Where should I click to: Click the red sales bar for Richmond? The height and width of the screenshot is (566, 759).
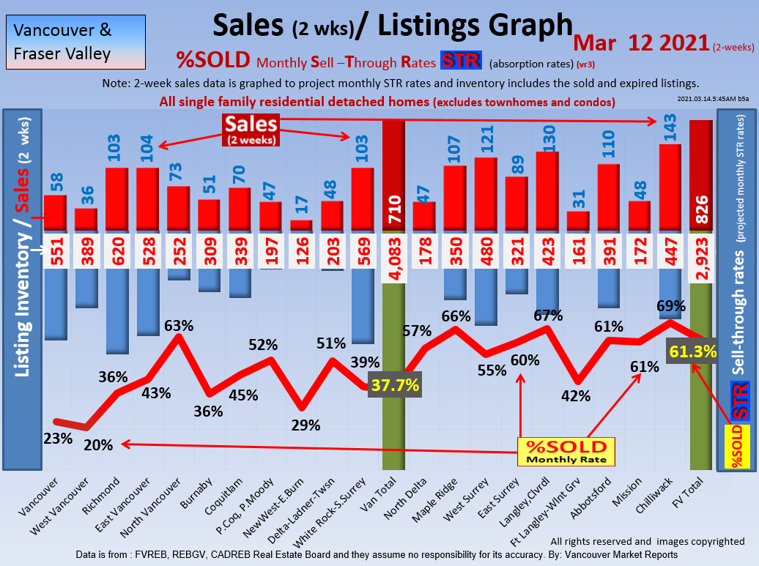117,199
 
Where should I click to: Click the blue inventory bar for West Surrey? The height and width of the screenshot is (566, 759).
486,297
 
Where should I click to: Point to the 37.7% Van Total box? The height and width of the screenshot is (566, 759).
395,384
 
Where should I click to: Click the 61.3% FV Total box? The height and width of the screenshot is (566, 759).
692,351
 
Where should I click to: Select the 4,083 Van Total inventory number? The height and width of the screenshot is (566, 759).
394,250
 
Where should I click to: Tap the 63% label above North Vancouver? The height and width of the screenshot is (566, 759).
179,325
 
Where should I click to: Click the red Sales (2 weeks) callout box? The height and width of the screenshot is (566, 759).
251,129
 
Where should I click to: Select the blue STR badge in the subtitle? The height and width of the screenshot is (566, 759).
460,60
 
